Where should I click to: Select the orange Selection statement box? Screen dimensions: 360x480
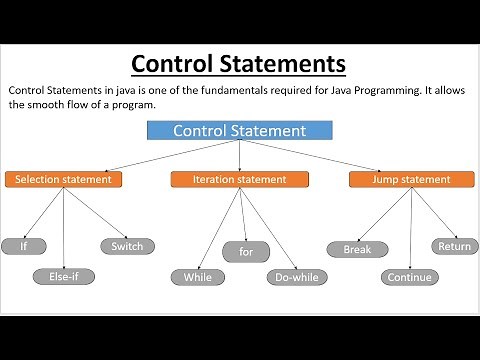(x=64, y=180)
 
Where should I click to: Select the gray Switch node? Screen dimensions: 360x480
(x=127, y=245)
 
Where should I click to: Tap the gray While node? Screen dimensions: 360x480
(x=198, y=277)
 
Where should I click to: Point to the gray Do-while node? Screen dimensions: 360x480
(x=291, y=277)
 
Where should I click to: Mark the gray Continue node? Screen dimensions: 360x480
(x=408, y=277)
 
